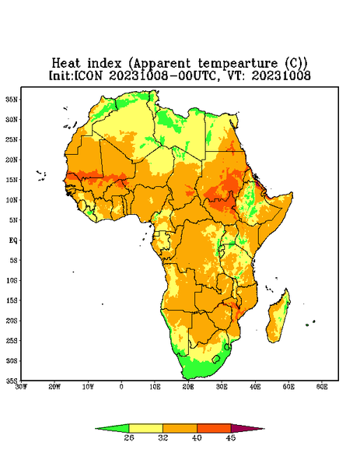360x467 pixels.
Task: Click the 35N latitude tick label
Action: coord(12,99)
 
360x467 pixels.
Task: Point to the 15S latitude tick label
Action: coord(12,300)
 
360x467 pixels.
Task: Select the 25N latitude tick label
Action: coord(12,139)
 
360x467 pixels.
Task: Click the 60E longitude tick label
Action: coord(322,387)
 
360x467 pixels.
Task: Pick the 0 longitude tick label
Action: coord(121,387)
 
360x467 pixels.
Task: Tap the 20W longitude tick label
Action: coord(54,387)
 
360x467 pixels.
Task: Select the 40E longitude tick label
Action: coord(255,387)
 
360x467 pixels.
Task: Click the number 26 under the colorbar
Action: coord(129,437)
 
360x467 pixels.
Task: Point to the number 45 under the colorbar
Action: coord(231,437)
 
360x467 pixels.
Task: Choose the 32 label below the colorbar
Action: coord(163,437)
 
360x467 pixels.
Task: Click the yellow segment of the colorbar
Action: coord(145,428)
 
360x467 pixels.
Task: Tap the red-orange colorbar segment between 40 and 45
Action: coord(214,428)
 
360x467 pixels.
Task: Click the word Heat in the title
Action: coord(66,64)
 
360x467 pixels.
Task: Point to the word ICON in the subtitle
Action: coord(88,75)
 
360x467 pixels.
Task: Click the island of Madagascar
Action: coord(278,318)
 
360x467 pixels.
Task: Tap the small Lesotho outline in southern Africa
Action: coord(216,359)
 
